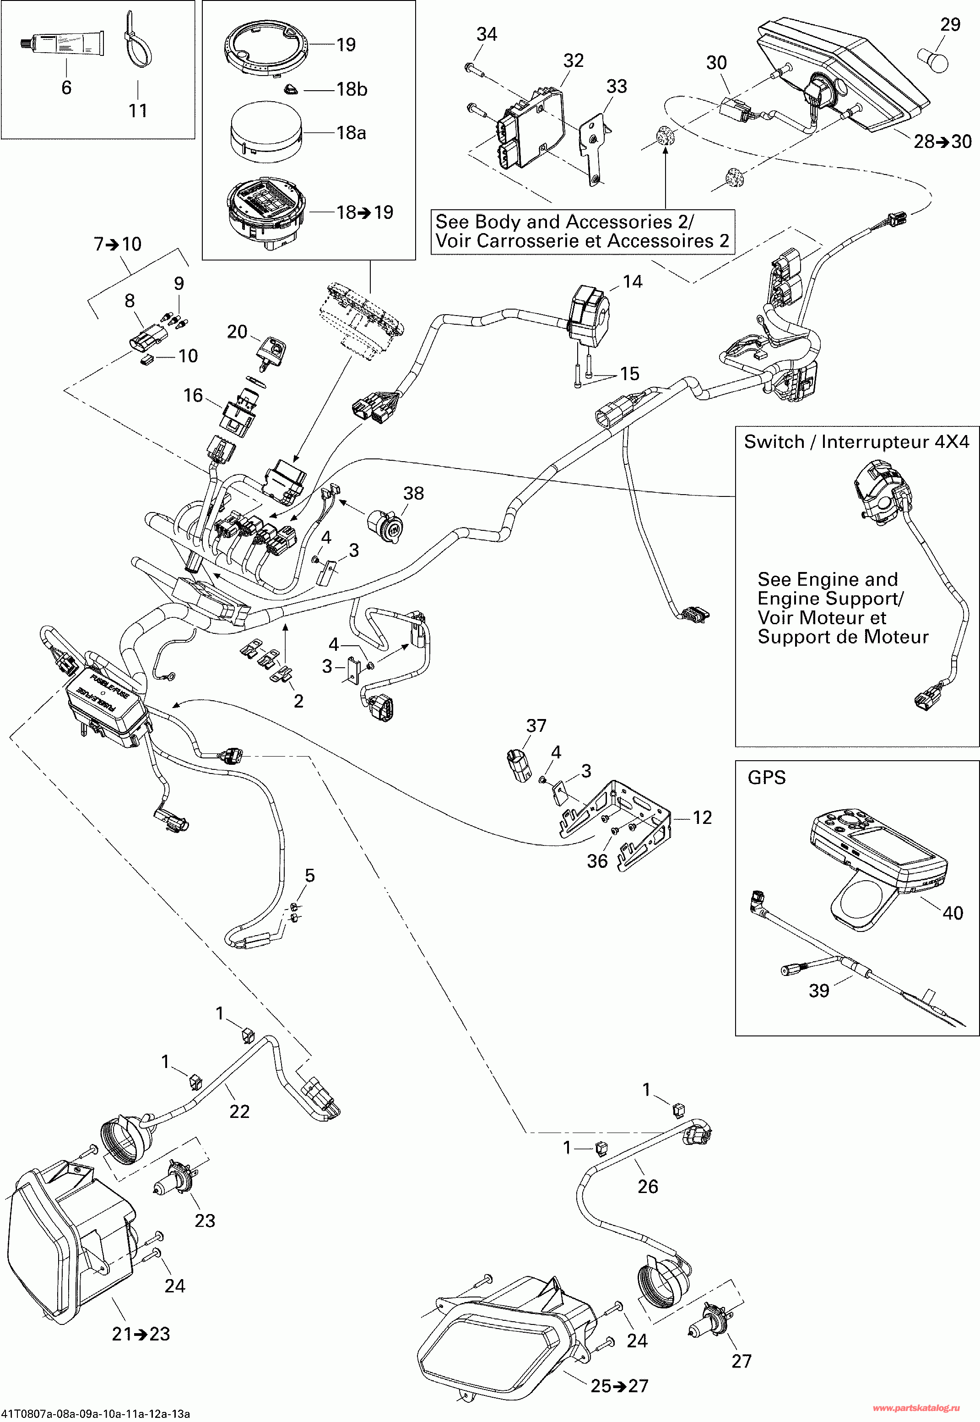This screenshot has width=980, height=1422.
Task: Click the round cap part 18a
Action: tap(266, 134)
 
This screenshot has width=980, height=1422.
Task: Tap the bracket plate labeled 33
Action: tap(593, 151)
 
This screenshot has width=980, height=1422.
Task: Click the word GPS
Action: tap(766, 778)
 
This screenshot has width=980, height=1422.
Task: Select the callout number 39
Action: tap(818, 991)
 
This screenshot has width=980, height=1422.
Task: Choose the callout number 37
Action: tap(536, 726)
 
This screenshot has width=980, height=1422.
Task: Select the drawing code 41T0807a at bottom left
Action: tap(95, 1414)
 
